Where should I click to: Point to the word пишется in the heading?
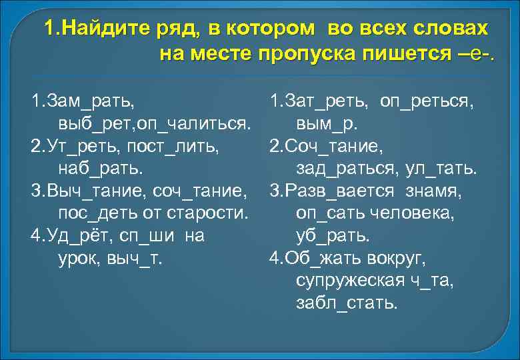410,54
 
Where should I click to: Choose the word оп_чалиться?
193,124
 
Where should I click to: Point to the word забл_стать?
347,303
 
